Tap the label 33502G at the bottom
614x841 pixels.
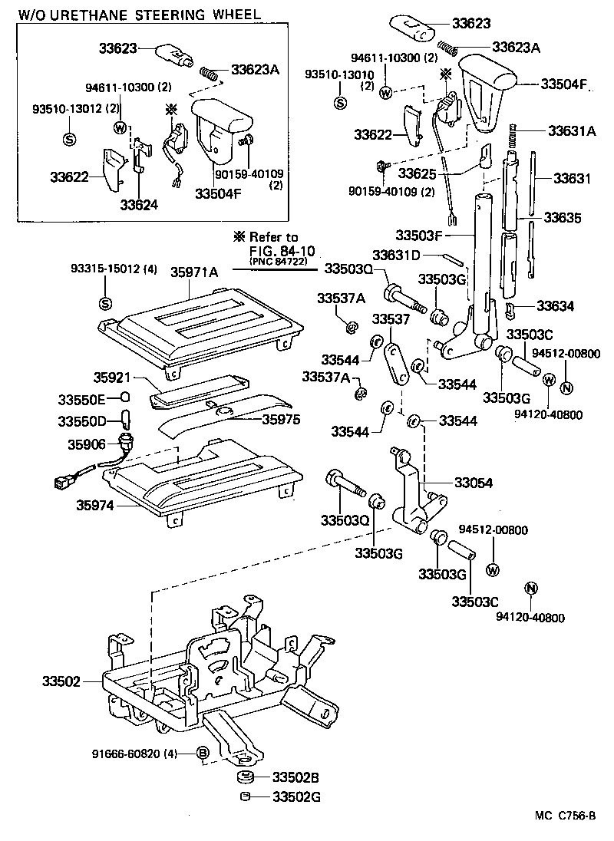(x=295, y=796)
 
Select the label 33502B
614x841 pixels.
(x=295, y=778)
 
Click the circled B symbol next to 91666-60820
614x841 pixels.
(x=203, y=753)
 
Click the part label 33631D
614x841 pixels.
(x=397, y=254)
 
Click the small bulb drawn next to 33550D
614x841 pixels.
(x=125, y=420)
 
